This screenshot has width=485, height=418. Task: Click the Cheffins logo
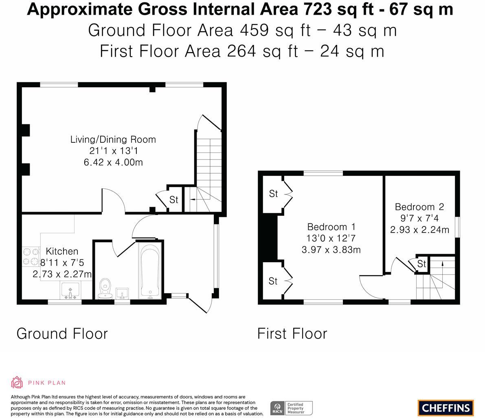click(445, 407)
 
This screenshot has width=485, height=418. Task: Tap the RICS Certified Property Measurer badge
click(292, 408)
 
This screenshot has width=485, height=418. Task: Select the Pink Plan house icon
click(17, 383)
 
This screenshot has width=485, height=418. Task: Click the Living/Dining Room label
click(113, 139)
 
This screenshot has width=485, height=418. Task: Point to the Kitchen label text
click(62, 251)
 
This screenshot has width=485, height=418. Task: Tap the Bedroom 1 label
click(331, 227)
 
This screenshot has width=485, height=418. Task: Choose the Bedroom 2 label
click(419, 207)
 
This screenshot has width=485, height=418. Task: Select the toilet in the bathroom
click(105, 289)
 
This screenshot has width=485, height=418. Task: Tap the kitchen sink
click(70, 291)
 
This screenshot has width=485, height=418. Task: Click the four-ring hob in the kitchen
click(31, 256)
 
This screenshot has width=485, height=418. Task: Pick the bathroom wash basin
click(122, 294)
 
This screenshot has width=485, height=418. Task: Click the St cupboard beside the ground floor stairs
click(174, 200)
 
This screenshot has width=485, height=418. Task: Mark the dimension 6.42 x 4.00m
click(113, 162)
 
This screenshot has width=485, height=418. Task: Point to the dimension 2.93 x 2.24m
click(419, 230)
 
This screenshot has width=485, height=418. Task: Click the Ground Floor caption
click(62, 334)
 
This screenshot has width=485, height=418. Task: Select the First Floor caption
click(292, 334)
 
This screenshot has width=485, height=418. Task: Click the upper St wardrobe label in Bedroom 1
click(273, 194)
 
